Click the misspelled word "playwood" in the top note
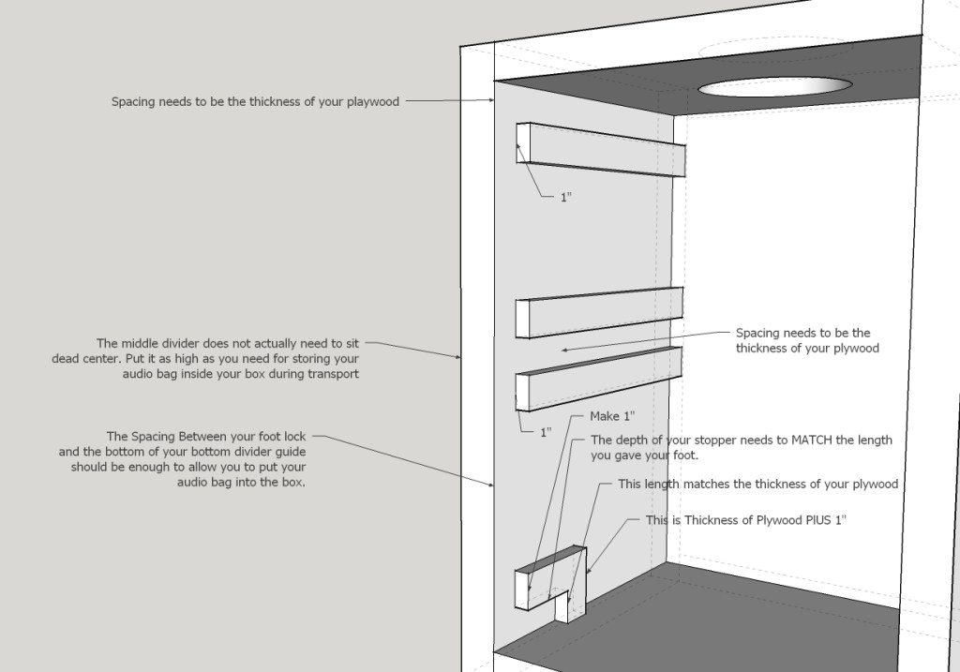click(373, 102)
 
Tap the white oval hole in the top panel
click(774, 86)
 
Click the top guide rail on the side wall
click(601, 149)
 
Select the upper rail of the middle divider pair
click(599, 312)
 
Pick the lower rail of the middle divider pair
click(599, 379)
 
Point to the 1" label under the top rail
click(566, 197)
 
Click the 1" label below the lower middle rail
click(546, 432)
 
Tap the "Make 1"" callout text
click(612, 416)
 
